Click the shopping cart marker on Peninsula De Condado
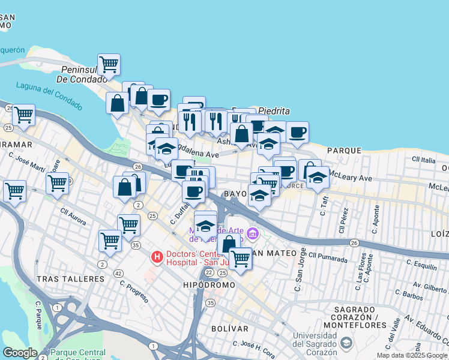click(x=109, y=65)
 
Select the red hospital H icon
click(x=157, y=257)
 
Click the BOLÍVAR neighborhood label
click(x=230, y=329)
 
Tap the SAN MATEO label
click(x=273, y=253)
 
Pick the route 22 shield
click(x=208, y=272)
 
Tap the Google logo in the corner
click(x=20, y=353)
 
